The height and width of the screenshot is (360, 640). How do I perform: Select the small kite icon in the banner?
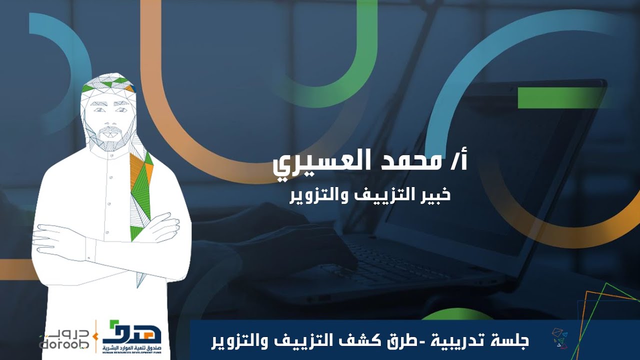[x=559, y=338]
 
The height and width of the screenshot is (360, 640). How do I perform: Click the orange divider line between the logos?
[x=96, y=335]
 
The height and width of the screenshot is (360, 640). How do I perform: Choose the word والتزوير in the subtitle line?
[x=313, y=195]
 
